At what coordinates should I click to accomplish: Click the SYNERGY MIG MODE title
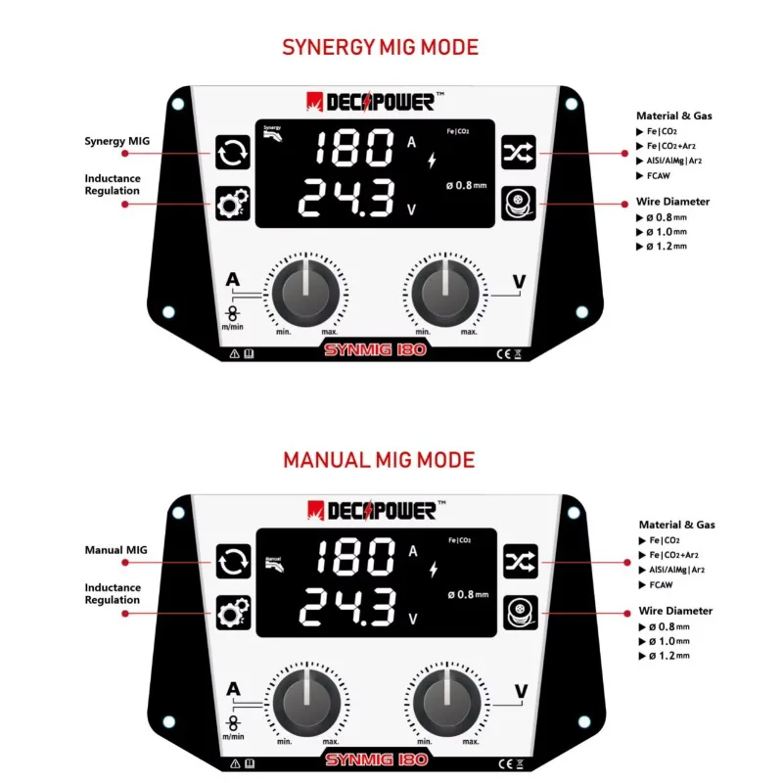point(381,47)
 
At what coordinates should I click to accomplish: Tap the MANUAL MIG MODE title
point(379,459)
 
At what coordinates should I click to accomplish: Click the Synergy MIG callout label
point(116,141)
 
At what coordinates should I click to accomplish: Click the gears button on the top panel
point(231,204)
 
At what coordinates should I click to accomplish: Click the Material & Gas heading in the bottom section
point(676,525)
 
